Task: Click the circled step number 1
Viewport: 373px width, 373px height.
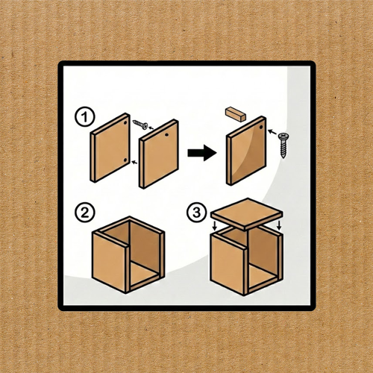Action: point(85,117)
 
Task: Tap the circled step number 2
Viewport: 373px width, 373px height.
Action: point(85,213)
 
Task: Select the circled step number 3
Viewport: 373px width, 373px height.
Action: point(197,213)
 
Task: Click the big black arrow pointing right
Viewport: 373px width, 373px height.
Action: point(202,153)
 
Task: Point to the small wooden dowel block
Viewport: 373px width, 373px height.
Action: point(236,114)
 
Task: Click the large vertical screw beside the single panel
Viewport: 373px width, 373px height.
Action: point(283,145)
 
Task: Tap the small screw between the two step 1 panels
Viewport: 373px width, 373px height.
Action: point(140,125)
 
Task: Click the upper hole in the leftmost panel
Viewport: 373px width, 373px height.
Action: point(125,123)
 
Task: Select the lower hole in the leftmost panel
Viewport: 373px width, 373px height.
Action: point(125,160)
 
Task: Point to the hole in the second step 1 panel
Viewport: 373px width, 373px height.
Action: point(166,135)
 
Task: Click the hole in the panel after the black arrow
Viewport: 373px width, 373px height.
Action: point(261,127)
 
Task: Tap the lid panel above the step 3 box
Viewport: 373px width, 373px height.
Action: point(247,214)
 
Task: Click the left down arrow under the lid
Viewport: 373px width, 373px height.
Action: point(215,226)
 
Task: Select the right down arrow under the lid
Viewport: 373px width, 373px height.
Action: point(279,225)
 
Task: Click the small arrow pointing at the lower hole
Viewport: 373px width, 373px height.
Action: point(134,163)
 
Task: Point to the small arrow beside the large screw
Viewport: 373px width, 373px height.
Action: point(272,131)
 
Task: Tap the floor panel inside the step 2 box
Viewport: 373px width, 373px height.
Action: point(144,274)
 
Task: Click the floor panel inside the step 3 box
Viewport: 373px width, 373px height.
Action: point(262,276)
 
